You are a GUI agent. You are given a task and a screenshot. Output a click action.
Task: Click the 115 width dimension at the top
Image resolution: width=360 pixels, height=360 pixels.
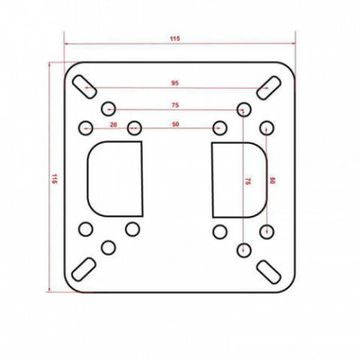click(175, 39)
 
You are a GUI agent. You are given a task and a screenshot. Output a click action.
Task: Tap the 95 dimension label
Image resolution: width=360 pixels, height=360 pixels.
click(175, 83)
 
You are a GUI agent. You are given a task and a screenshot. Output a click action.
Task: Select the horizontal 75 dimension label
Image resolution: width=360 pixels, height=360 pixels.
click(175, 105)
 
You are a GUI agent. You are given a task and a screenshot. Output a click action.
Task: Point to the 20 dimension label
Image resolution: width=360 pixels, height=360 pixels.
click(113, 124)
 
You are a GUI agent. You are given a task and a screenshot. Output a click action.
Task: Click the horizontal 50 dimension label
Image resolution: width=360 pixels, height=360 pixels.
click(175, 124)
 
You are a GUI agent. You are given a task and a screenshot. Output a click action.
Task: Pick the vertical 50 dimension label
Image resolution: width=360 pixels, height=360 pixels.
click(272, 181)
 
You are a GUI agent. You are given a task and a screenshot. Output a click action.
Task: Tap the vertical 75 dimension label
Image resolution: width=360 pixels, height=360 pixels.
click(247, 181)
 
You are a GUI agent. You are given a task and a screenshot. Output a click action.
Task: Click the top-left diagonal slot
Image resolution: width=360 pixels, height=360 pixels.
click(84, 86)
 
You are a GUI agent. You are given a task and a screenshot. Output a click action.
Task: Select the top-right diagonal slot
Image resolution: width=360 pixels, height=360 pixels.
click(268, 88)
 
